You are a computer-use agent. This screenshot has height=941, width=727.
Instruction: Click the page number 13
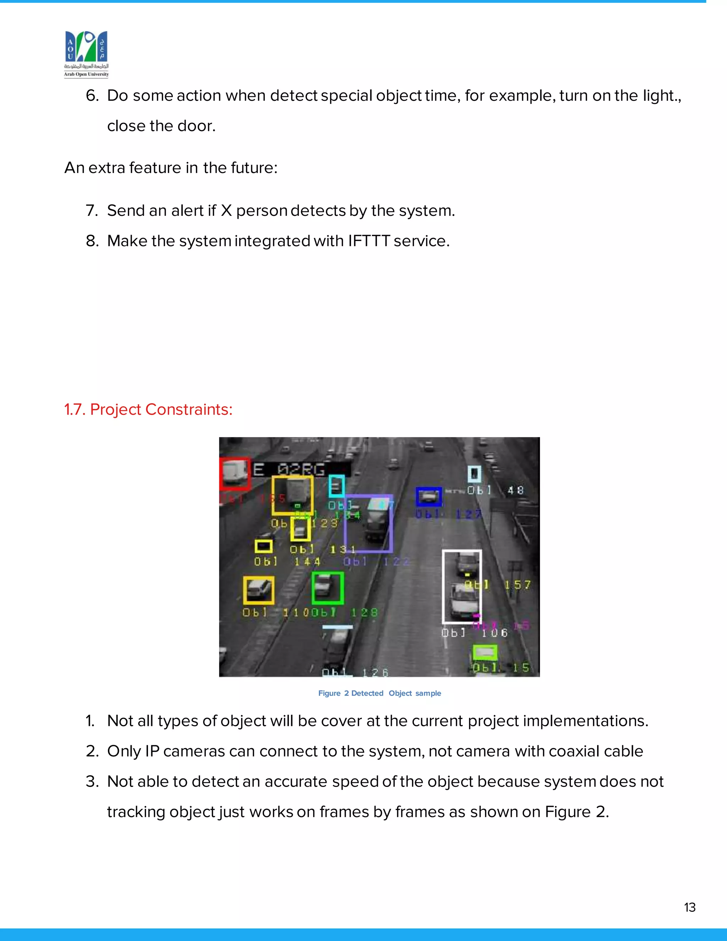coord(689,907)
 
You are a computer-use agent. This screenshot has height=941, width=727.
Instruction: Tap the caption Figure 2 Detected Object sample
coord(379,693)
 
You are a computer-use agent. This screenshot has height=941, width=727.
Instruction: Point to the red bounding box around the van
coord(234,473)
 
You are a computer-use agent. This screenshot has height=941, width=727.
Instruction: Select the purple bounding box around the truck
coord(368,523)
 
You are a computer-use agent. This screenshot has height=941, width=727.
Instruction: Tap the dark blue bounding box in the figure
coord(428,497)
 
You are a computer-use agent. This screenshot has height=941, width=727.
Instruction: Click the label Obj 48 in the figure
coord(495,490)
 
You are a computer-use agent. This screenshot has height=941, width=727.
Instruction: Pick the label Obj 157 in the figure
coord(497,585)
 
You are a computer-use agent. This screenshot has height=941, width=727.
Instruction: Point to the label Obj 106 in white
coord(474,633)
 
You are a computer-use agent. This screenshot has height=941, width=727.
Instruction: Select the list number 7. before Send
coord(92,211)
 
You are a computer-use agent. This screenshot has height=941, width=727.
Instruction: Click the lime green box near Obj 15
coord(485,653)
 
